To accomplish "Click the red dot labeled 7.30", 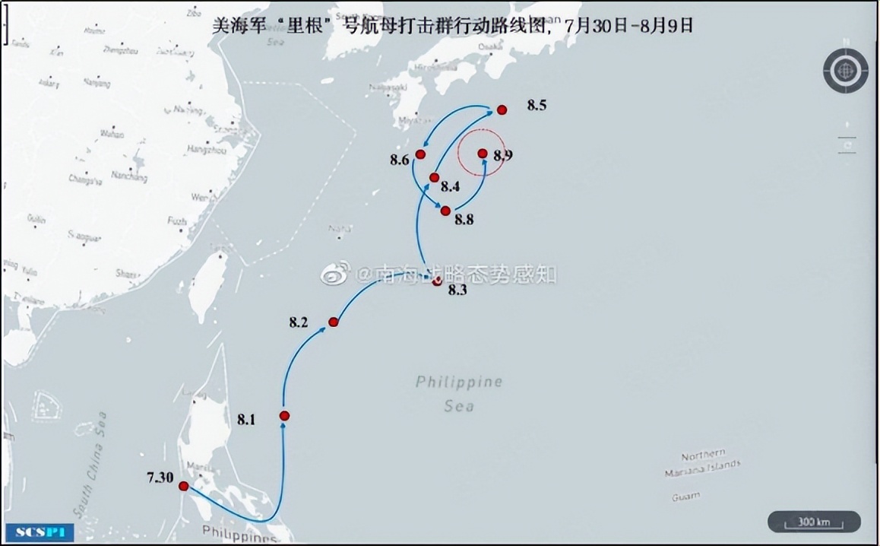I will click(183, 486).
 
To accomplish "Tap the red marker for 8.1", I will click(284, 416).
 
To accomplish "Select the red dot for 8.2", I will click(333, 322).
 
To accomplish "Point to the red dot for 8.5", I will click(502, 110).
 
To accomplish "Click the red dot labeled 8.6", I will click(420, 154).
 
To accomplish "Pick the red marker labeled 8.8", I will click(445, 211).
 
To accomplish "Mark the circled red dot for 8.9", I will click(483, 154).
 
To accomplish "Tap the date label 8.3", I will click(457, 290).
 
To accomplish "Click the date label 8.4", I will click(451, 186).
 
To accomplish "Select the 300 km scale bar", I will click(813, 522).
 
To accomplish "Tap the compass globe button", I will click(845, 71).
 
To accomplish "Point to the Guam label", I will click(685, 497).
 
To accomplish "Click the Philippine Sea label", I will click(459, 393).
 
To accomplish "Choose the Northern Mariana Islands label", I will click(702, 464).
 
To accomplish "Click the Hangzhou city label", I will click(206, 150).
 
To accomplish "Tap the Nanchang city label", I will click(129, 176).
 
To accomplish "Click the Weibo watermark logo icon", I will click(336, 273).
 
